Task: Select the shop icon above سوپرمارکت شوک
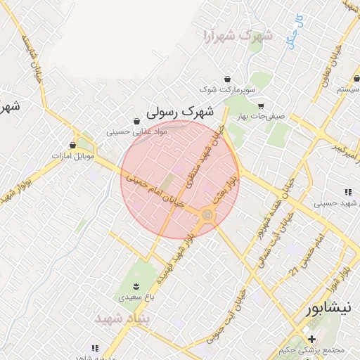click(x=227, y=79)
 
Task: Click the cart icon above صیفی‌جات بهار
click(x=260, y=106)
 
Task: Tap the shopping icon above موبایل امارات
click(x=73, y=144)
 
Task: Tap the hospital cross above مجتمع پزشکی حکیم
click(x=311, y=339)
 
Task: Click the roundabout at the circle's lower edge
click(x=207, y=214)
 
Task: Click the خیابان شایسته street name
click(x=33, y=57)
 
